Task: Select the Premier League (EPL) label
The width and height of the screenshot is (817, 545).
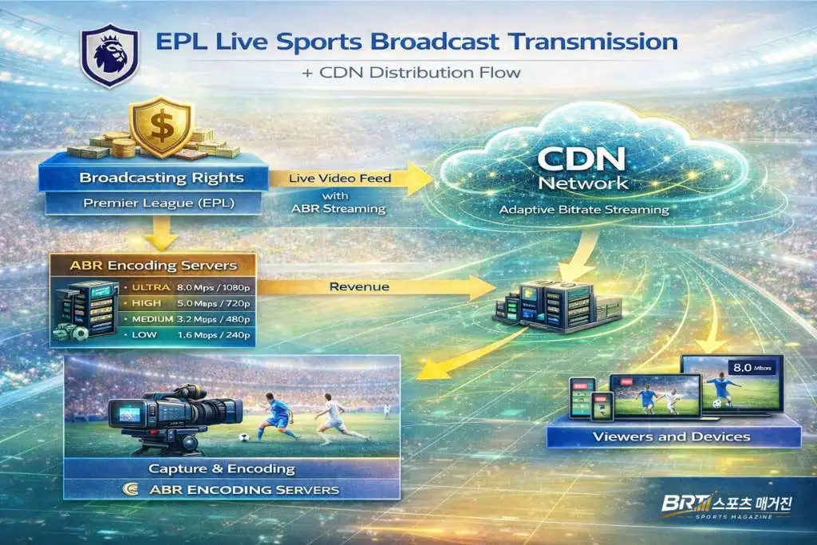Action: click(153, 203)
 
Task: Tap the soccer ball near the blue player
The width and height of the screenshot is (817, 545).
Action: click(243, 436)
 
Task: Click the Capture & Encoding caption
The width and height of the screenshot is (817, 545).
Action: click(231, 468)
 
